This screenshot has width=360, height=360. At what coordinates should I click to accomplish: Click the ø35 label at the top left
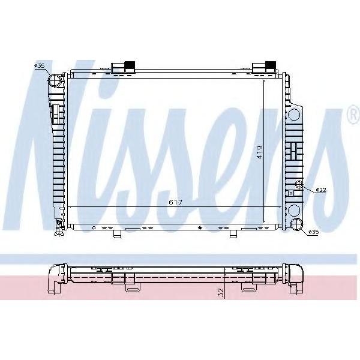click(x=39, y=66)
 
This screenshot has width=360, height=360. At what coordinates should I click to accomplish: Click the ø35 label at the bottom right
click(x=314, y=232)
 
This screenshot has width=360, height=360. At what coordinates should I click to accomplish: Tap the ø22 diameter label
click(x=321, y=190)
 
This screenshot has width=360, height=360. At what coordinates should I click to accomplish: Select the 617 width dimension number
click(x=175, y=202)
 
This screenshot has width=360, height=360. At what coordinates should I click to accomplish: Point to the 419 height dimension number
click(x=259, y=152)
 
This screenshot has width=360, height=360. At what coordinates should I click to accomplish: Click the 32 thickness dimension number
click(x=220, y=293)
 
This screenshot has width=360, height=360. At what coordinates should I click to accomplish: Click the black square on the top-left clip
click(x=130, y=65)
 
